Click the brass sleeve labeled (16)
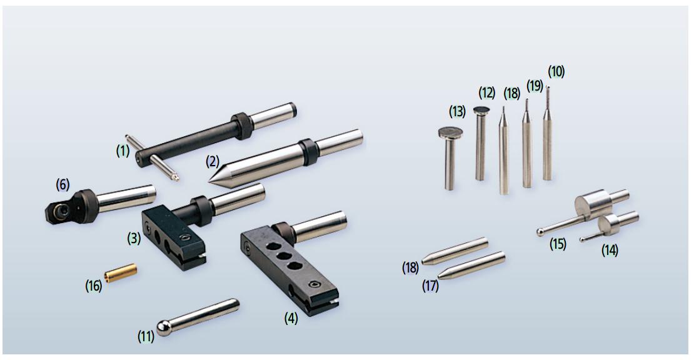pos(121,273)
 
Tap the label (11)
pos(146,336)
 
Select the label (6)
pos(63,185)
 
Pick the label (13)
pos(457,111)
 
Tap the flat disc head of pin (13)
pos(451,132)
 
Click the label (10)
pos(556,71)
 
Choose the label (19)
pos(535,86)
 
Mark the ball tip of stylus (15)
pos(540,232)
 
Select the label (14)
pos(610,250)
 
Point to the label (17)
pos(430,286)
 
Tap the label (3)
pos(134,238)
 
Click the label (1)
pos(123,151)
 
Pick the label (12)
pos(487,93)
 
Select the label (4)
pos(291,317)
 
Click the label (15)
pos(558,244)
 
